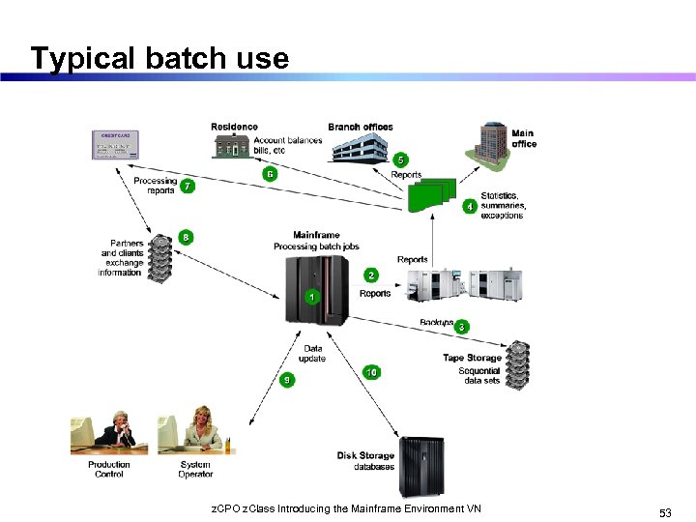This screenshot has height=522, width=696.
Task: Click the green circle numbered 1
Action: pyautogui.click(x=311, y=296)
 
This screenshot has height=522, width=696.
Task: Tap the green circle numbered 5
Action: pyautogui.click(x=401, y=159)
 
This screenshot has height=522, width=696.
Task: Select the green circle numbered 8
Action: pyautogui.click(x=186, y=238)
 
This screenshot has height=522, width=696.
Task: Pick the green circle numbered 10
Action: pyautogui.click(x=371, y=372)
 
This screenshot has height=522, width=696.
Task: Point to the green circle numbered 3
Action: pyautogui.click(x=462, y=328)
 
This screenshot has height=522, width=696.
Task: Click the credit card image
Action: pyautogui.click(x=115, y=145)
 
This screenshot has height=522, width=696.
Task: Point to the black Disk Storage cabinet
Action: pyautogui.click(x=422, y=467)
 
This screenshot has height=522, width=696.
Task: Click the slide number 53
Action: pyautogui.click(x=665, y=513)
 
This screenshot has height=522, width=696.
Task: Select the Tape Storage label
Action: pyautogui.click(x=472, y=358)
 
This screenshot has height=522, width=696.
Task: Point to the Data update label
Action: pyautogui.click(x=313, y=354)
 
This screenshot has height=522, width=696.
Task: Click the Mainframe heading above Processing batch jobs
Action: pyautogui.click(x=316, y=235)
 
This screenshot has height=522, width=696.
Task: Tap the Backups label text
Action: pyautogui.click(x=436, y=322)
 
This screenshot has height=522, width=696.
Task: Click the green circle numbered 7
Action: pyautogui.click(x=188, y=186)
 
